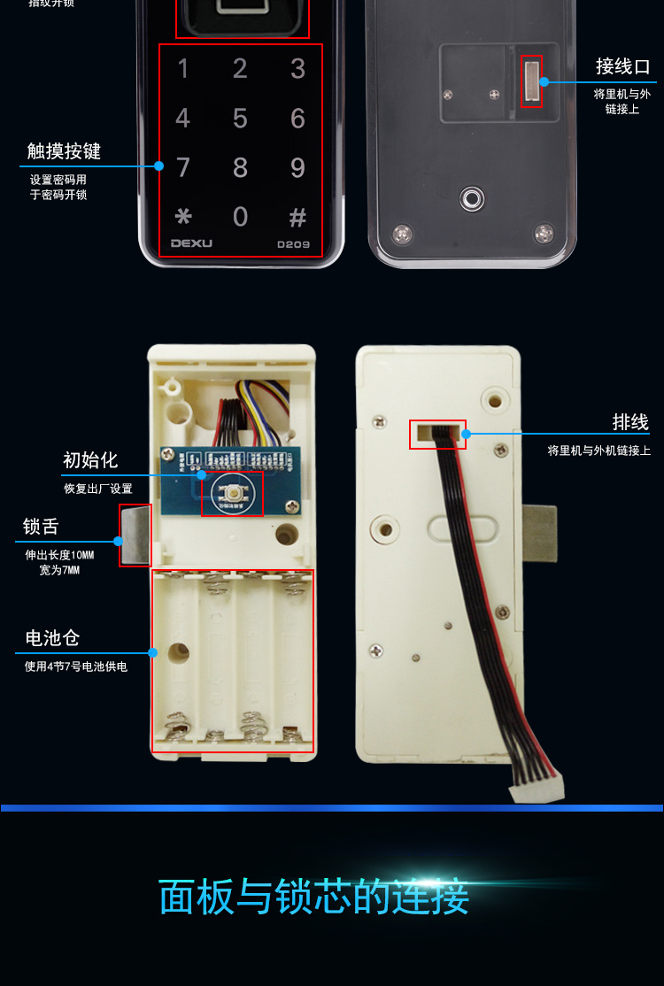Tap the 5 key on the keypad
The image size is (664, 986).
click(240, 118)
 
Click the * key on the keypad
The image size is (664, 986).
click(183, 217)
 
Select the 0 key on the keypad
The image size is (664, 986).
click(240, 217)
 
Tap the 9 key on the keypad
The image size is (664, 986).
click(297, 167)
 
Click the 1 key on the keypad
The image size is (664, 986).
click(183, 69)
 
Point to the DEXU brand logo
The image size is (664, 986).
click(190, 243)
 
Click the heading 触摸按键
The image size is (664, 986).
click(64, 151)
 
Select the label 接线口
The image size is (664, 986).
click(622, 67)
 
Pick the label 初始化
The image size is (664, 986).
click(90, 460)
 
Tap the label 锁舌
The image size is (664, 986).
click(41, 527)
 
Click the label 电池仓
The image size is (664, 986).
click(53, 638)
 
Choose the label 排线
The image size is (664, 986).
click(630, 422)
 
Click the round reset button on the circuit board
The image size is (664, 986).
click(233, 491)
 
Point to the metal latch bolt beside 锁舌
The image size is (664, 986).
click(135, 535)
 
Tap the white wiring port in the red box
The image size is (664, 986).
click(531, 81)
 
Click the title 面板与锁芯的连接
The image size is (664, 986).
click(314, 897)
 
